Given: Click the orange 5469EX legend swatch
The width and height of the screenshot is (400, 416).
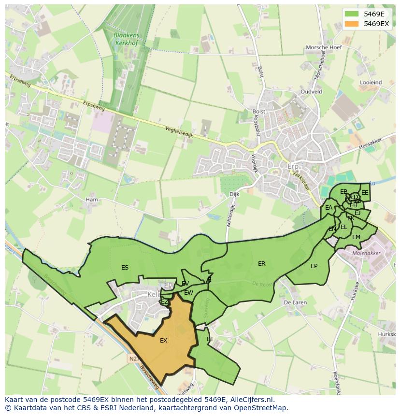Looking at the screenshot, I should tap(352, 24).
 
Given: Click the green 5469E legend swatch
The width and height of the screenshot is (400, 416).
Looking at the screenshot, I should tap(352, 14).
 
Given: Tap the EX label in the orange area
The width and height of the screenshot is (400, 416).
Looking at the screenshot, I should tap(164, 341).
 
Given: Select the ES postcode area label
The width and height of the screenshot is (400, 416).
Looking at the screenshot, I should tap(125, 268).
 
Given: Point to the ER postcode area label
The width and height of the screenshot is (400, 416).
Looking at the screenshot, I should tap(262, 264).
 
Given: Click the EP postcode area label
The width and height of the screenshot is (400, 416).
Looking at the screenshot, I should tap(314, 266).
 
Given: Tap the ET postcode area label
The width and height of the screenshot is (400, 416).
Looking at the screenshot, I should tap(210, 340).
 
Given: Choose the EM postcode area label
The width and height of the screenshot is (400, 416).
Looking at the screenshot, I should tap(356, 237).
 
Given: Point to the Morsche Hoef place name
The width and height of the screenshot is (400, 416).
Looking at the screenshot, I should tap(324, 48).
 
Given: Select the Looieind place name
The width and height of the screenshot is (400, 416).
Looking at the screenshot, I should tap(371, 83).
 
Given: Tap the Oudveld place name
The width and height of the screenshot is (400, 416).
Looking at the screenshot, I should tap(311, 91).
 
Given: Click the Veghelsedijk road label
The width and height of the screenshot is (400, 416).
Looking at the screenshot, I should tap(179, 132).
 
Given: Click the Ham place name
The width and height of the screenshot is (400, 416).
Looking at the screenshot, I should tap(91, 200).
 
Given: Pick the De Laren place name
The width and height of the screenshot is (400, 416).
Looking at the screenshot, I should tap(295, 302).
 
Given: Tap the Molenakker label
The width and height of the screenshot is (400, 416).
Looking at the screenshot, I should tap(367, 253).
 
